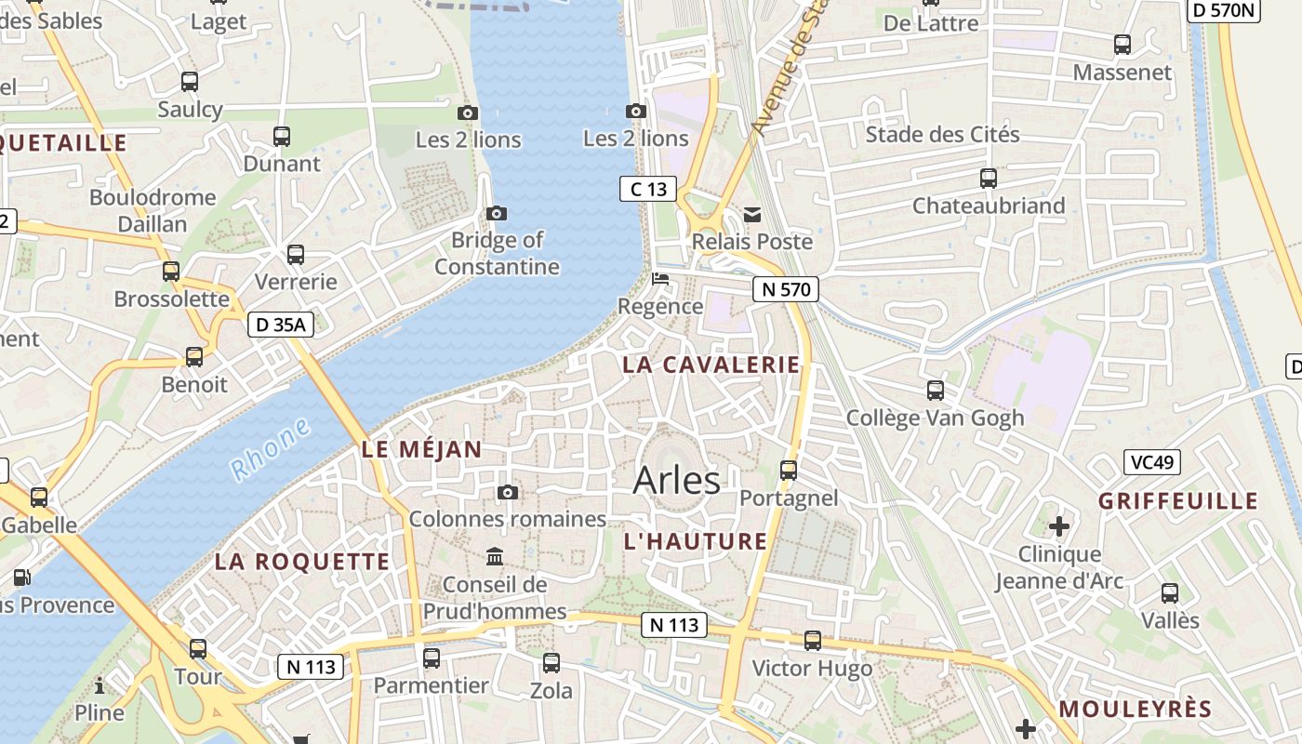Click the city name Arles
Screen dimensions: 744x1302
(x=676, y=481)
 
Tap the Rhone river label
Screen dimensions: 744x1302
(x=271, y=449)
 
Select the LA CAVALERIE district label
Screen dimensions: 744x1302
(x=711, y=365)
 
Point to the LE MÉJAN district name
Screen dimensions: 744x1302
(x=422, y=450)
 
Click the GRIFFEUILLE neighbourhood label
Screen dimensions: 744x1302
(x=1178, y=501)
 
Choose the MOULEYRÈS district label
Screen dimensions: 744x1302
(x=1136, y=709)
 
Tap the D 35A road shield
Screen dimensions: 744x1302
(x=280, y=325)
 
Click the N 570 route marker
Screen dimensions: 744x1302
(x=786, y=289)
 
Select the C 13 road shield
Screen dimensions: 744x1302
(x=648, y=190)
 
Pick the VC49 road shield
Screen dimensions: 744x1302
(x=1152, y=462)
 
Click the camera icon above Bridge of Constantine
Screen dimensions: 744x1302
(x=497, y=213)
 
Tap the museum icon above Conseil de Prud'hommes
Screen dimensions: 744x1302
(x=495, y=557)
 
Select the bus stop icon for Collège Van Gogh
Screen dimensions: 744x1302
(x=936, y=391)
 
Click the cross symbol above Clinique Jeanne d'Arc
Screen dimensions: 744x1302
(x=1059, y=526)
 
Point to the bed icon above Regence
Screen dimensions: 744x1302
(x=660, y=279)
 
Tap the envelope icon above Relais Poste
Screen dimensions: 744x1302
(x=752, y=215)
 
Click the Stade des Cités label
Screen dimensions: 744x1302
(x=942, y=135)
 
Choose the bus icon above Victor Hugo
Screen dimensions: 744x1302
(x=813, y=641)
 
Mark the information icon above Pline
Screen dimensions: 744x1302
(x=100, y=686)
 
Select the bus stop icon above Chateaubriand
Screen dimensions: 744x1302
(x=989, y=179)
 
